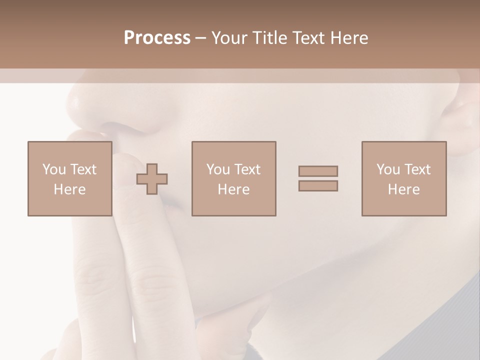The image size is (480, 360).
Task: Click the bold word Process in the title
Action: [157, 37]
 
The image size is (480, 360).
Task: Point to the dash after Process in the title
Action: [200, 38]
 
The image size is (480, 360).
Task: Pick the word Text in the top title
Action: [308, 37]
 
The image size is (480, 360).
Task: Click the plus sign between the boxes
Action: [152, 178]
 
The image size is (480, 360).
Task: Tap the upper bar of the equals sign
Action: [318, 171]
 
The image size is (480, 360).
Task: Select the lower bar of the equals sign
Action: [318, 186]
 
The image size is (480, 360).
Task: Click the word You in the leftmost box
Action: [54, 169]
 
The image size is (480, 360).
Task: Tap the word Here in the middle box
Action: [233, 189]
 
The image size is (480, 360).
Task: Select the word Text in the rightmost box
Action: [417, 169]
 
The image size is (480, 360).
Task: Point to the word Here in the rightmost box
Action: [404, 189]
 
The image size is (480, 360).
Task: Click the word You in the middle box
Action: [218, 169]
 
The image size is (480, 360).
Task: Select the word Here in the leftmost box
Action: [69, 189]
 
